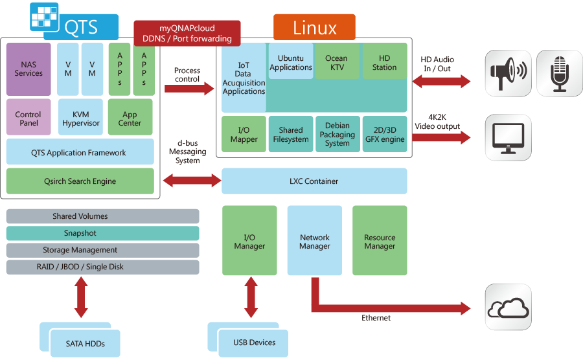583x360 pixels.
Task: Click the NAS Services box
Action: pos(29,69)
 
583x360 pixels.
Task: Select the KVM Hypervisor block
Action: pos(81,117)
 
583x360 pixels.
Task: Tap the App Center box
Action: pos(130,117)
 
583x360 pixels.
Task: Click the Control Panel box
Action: pos(29,117)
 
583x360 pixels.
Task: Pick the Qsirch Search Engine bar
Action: pos(80,181)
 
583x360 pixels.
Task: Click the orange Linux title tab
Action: pos(314,28)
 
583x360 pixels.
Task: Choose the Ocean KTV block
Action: pos(336,62)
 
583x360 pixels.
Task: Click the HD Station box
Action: pos(384,62)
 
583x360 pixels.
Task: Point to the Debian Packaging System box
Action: pos(337,134)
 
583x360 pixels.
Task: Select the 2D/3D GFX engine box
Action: pos(384,134)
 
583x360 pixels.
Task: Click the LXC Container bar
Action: pos(315,181)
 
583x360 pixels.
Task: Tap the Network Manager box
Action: pos(315,242)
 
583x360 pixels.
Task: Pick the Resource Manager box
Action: pos(380,242)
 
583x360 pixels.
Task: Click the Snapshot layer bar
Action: pos(102,233)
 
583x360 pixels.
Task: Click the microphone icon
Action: pos(559,73)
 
